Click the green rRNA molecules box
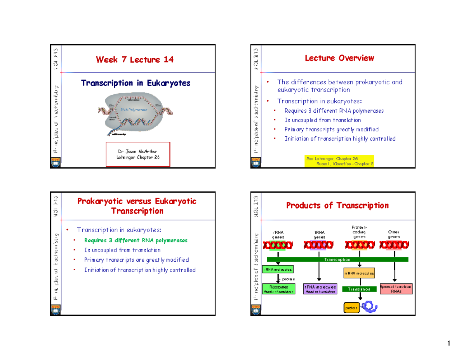coord(278,269)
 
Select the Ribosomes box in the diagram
coord(278,289)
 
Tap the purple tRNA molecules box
coord(320,289)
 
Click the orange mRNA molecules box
coord(359,273)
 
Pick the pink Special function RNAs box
coord(396,289)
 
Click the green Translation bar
coord(359,289)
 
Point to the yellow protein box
coord(351,308)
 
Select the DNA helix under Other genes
coord(393,245)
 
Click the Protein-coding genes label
coord(359,232)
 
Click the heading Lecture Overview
coord(339,58)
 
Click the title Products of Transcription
coord(337,205)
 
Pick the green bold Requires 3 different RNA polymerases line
coord(136,240)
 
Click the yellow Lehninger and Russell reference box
coord(340,161)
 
